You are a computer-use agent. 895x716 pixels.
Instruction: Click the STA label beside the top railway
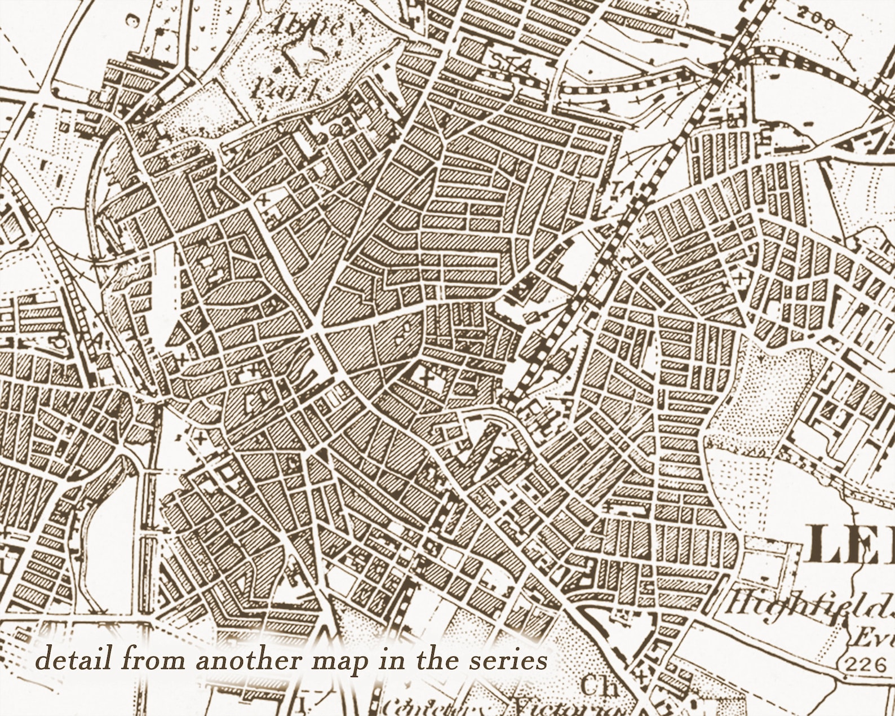click(x=509, y=65)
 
